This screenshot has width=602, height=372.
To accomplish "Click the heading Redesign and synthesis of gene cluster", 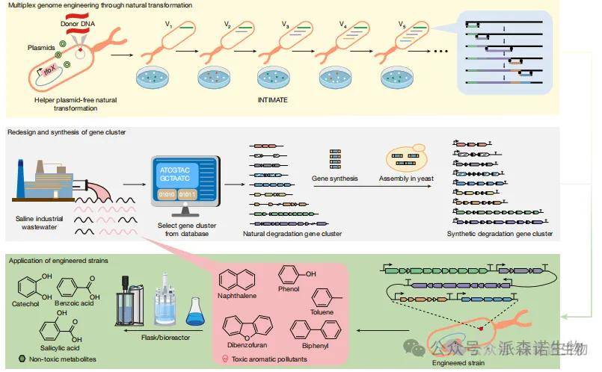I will [x=67, y=132].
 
